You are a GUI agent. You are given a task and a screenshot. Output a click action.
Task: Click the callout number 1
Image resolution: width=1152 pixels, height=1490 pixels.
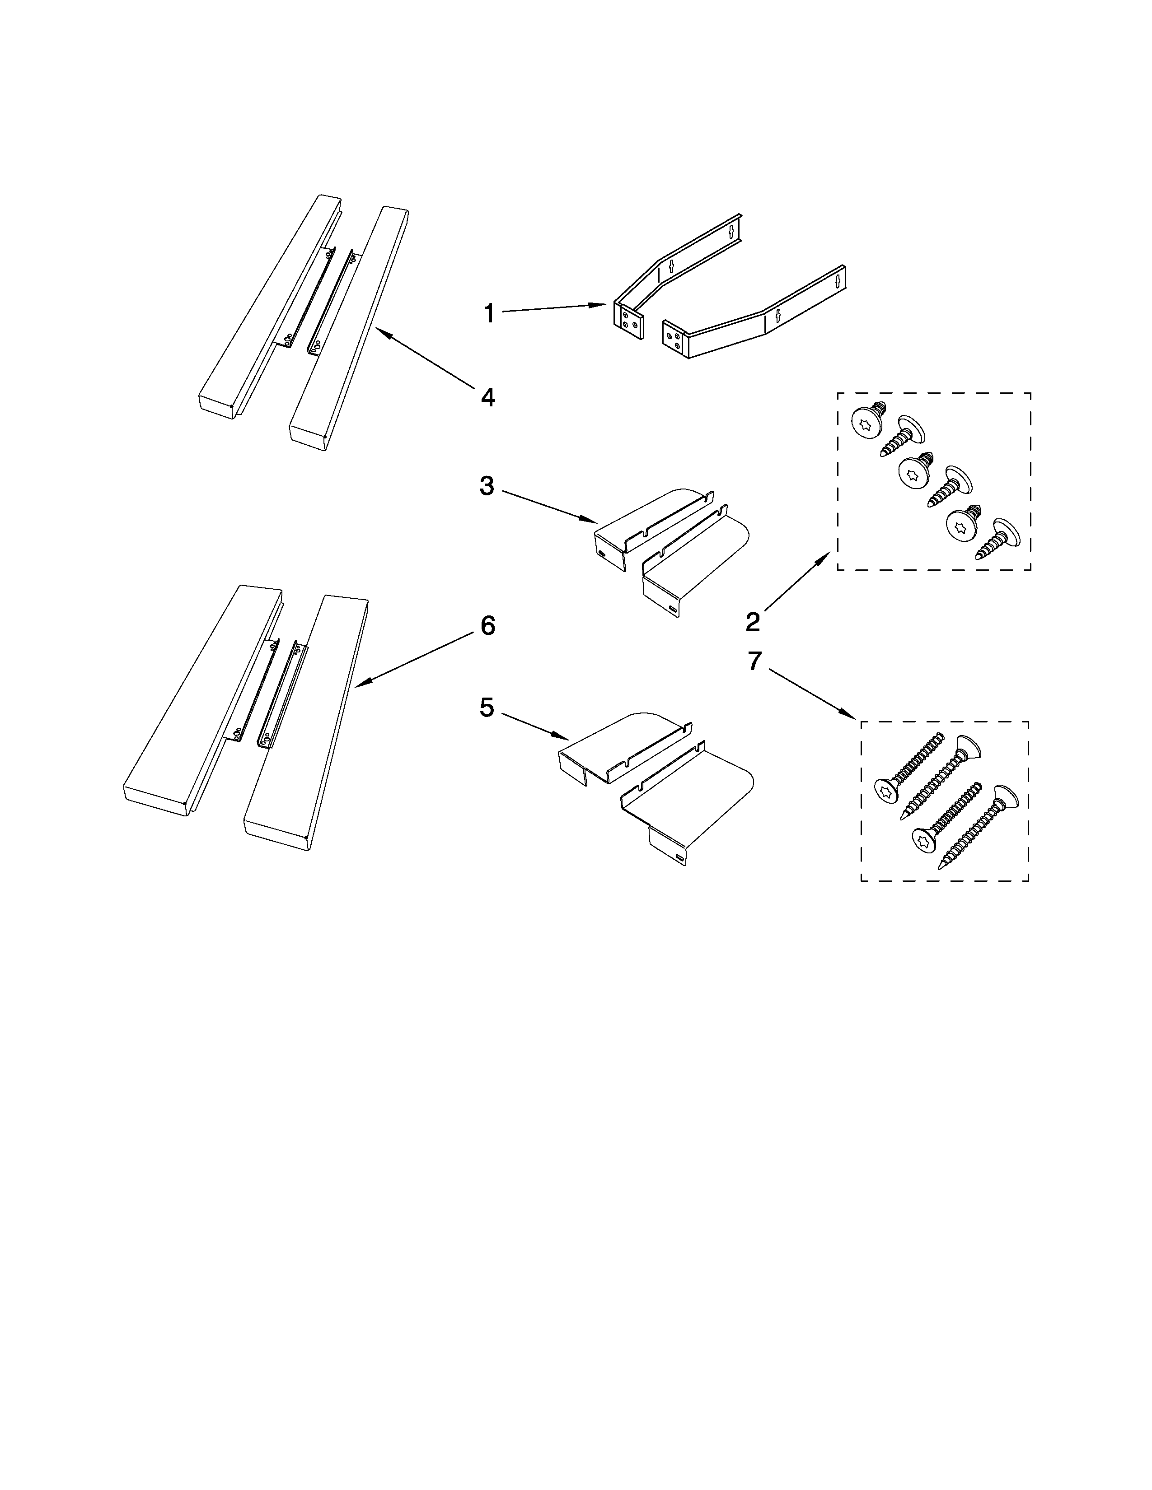[x=489, y=314]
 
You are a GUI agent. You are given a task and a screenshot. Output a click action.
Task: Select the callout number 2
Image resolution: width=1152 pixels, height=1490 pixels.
[x=753, y=622]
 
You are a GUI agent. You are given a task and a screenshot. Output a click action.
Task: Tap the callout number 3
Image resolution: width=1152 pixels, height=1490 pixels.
[x=487, y=486]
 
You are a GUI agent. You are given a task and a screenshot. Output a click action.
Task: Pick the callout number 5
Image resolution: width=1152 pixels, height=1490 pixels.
[x=487, y=708]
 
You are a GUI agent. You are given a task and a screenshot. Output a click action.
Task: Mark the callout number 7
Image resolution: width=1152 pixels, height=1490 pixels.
[x=754, y=661]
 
